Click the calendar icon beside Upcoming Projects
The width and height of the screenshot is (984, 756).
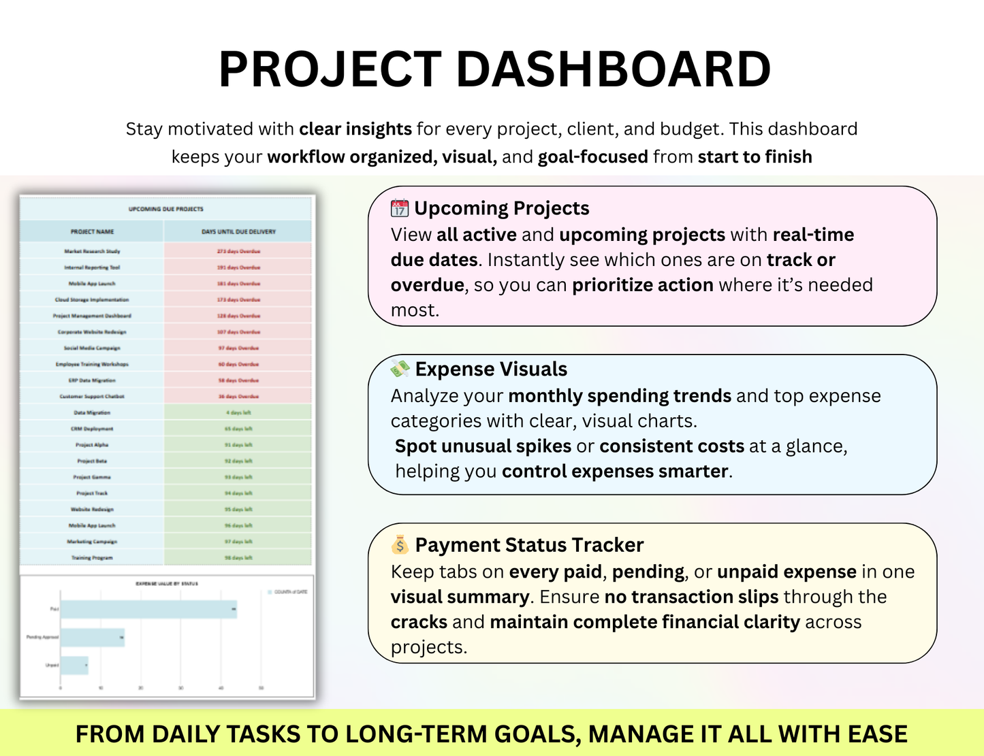pos(400,208)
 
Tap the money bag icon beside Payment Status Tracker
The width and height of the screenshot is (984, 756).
pos(400,545)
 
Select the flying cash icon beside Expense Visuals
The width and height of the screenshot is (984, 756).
pos(400,369)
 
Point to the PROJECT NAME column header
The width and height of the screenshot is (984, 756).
pos(92,232)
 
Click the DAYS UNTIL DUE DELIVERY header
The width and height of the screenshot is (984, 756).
pos(238,232)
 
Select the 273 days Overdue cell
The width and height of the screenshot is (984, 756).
pos(238,251)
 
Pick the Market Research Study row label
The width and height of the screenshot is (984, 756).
pos(92,251)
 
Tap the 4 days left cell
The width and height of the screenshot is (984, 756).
pos(238,412)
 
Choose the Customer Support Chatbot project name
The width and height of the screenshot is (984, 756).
pos(92,396)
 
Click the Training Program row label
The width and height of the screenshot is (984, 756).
pos(92,558)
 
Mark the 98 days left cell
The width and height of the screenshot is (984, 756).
pos(238,558)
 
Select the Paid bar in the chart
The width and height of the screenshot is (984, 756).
pos(148,609)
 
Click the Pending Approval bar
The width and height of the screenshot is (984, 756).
pos(93,638)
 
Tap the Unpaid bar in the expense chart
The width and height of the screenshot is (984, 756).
pos(74,665)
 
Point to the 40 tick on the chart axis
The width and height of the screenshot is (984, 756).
pos(221,688)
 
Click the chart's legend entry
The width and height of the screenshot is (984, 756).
pos(287,592)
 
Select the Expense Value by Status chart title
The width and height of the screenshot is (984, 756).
pos(167,584)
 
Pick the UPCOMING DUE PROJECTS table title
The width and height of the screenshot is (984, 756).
pos(166,209)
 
